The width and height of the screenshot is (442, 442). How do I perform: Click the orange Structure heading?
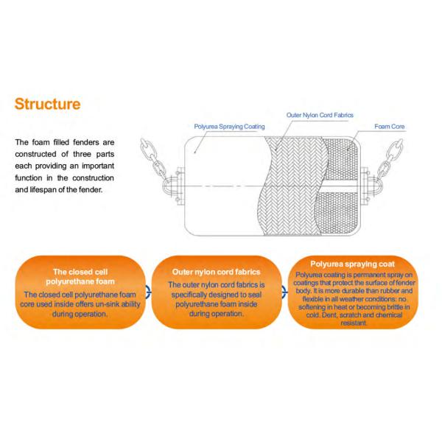(47, 104)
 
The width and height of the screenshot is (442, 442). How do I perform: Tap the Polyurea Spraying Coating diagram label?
(229, 127)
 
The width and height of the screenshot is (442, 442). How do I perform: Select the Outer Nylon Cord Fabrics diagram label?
(320, 115)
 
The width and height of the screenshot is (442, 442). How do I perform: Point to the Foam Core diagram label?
(389, 127)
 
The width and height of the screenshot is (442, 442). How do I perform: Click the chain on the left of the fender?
(154, 158)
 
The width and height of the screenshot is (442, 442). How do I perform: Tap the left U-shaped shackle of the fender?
(170, 186)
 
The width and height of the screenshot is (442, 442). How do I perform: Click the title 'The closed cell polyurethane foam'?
(80, 276)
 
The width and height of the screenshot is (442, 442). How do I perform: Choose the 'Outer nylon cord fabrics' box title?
(216, 272)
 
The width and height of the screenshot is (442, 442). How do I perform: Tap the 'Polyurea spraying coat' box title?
(352, 264)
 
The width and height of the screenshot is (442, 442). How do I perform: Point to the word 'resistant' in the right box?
(354, 323)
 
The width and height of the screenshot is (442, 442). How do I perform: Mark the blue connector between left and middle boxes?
(149, 292)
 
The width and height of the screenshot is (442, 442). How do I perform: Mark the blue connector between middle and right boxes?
(284, 292)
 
